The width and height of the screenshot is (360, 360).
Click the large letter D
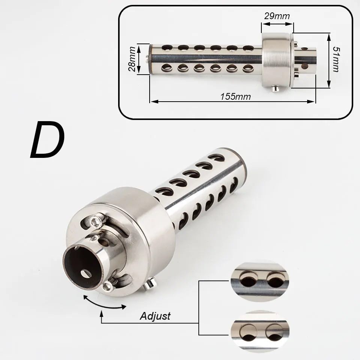(x=48, y=140)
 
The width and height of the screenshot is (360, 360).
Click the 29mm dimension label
(x=277, y=16)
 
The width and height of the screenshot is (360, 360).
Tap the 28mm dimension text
(x=132, y=59)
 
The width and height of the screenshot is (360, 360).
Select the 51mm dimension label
(x=336, y=60)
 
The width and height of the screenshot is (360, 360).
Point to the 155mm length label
(x=235, y=96)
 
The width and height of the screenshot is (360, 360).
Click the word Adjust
(x=155, y=316)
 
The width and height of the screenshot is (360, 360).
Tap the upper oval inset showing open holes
(x=260, y=282)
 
